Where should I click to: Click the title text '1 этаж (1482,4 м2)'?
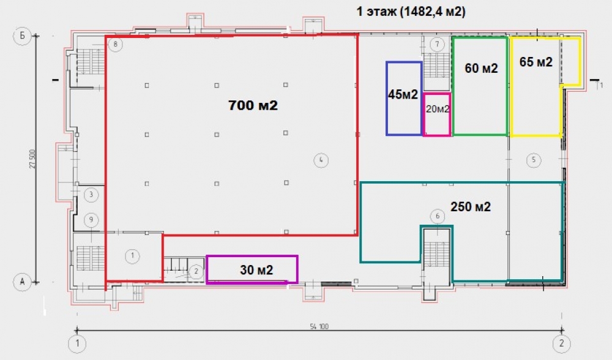pos(411,12)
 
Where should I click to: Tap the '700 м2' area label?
pos(253,105)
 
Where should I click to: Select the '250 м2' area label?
pos(470,206)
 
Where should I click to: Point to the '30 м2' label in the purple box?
pos(256,270)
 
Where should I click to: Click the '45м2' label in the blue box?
pos(403,94)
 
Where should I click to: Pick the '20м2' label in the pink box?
pos(438,109)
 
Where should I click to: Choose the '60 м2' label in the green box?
pos(481,69)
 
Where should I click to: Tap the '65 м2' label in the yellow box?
pos(536,62)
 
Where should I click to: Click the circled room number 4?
pos(321,160)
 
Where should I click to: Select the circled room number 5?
pos(534,160)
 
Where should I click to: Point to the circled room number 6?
pos(438,216)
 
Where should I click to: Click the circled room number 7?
pos(437,44)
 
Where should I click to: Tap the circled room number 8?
pos(115,44)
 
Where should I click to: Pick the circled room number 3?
pos(91,195)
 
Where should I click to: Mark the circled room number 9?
pos(91,220)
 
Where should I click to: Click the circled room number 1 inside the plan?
pos(132,256)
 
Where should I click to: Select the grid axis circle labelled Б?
pos(22,36)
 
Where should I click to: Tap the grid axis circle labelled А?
pos(22,282)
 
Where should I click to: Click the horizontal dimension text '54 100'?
pos(319,326)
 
